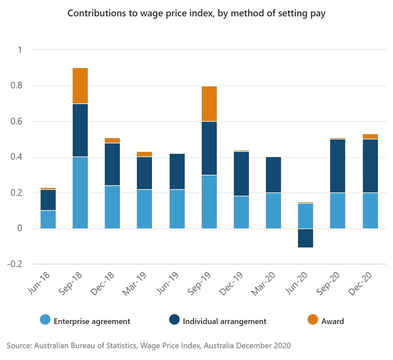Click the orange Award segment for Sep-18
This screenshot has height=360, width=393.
tap(80, 86)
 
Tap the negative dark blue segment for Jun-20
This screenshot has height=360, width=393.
tap(306, 238)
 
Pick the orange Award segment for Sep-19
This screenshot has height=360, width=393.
tap(209, 104)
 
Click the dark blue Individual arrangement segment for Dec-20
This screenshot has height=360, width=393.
tap(370, 166)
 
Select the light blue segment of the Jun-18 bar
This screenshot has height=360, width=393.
tap(48, 219)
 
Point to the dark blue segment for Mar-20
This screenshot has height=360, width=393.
tap(273, 175)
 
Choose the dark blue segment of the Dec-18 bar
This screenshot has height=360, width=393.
tap(112, 164)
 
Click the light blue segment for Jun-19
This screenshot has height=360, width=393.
tap(177, 209)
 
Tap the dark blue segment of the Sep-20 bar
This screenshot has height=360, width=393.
tap(338, 166)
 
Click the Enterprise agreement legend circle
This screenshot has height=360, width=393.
tap(45, 320)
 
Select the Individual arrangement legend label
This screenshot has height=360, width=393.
tap(224, 321)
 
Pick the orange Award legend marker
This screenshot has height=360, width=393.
tap(313, 320)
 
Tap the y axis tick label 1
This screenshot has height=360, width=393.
tap(20, 50)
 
